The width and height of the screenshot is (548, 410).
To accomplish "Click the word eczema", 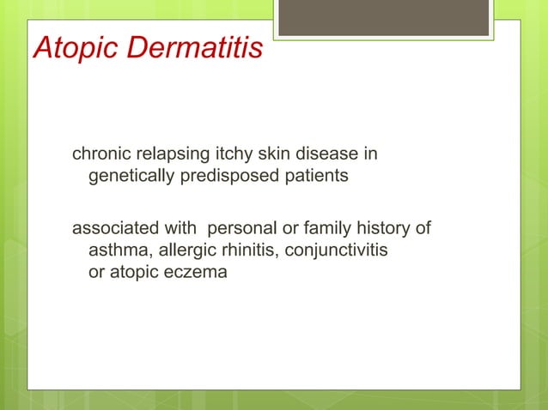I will pyautogui.click(x=196, y=273).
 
